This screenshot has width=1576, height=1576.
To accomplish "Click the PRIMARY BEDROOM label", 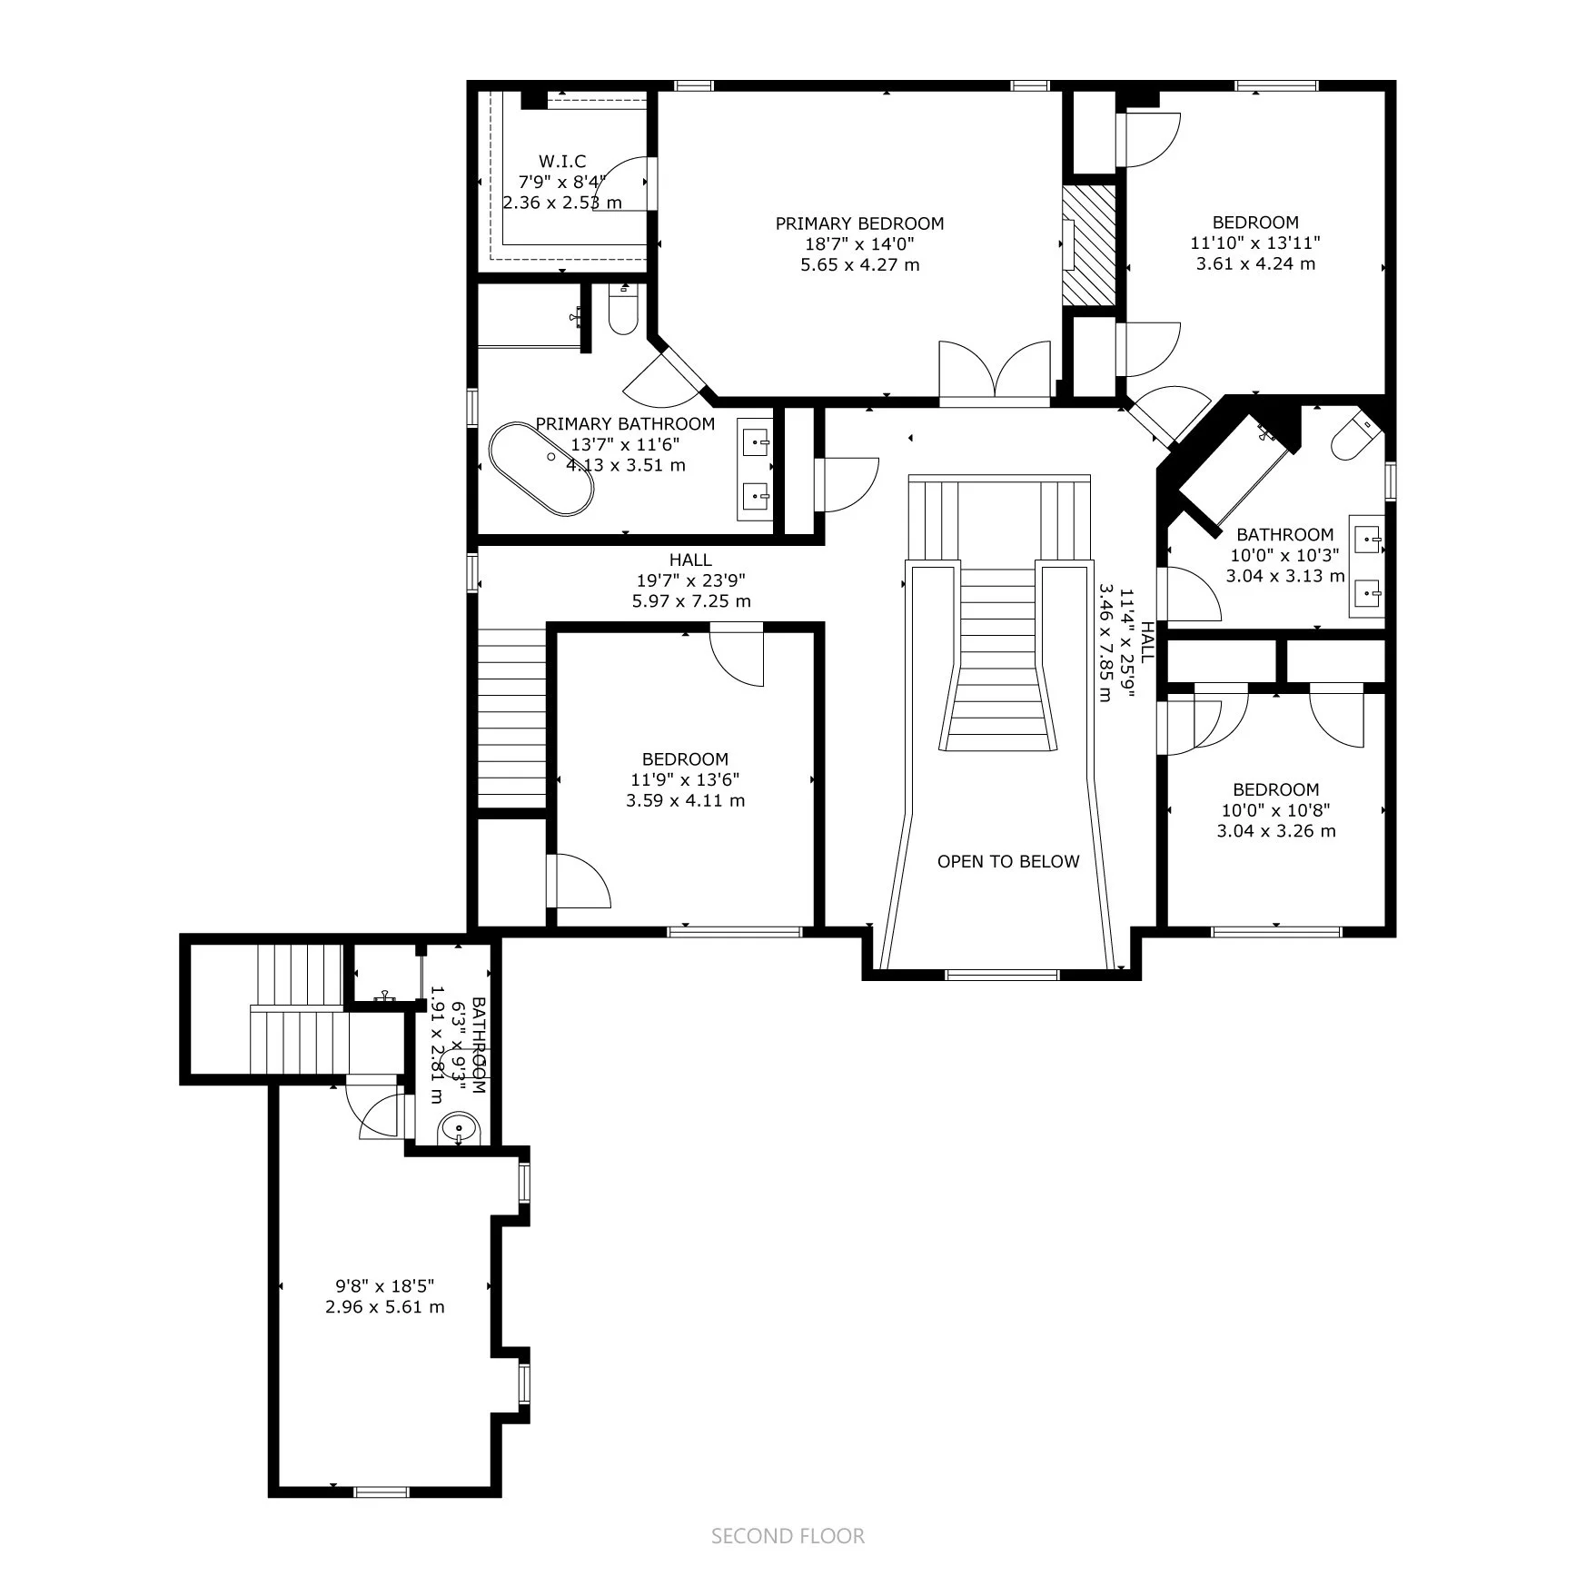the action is coord(859,223).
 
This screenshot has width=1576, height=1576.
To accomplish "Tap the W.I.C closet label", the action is coord(562,162).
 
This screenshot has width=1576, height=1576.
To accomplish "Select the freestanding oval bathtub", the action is coord(541,469).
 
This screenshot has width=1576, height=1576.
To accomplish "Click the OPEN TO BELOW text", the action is coord(1008,861).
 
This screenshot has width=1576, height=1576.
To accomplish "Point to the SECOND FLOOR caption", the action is coord(788,1536).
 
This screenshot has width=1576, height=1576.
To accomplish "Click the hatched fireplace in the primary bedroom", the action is coord(1089,246).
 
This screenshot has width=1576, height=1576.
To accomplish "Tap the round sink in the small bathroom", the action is coord(459,1130).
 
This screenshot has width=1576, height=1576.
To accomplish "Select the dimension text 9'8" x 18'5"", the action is coord(385,1286).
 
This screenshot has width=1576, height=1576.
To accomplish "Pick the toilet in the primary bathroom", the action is coord(623,309).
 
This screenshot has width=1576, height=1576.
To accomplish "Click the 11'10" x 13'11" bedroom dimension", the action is coord(1255,243).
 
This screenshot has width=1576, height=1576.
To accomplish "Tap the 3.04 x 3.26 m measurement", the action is coord(1276,831).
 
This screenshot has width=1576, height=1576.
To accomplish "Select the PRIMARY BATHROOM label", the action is coord(625,423).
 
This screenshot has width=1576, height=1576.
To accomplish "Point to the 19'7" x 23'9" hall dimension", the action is coord(691,580).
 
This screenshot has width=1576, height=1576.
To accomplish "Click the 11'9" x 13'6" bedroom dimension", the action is coord(685,779).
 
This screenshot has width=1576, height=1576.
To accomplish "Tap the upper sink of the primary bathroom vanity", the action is coord(756,444).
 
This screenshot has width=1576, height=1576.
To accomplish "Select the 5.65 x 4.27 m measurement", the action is coord(860,265).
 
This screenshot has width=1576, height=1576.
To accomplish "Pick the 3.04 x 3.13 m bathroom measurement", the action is coord(1285,576).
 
